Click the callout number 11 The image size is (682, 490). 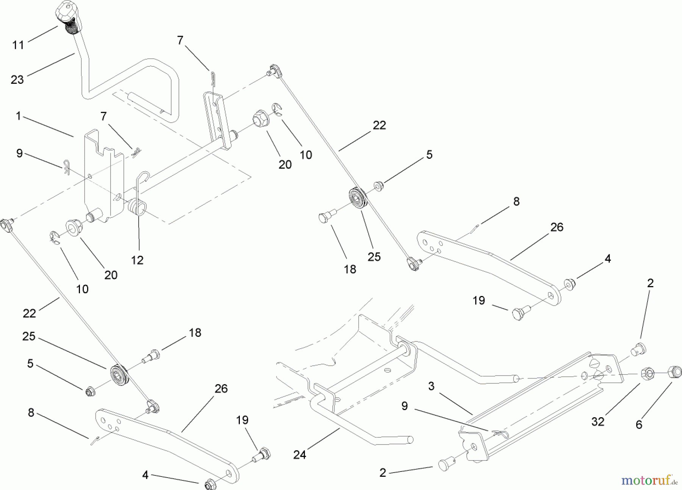pyautogui.click(x=18, y=45)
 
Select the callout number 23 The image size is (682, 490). pyautogui.click(x=17, y=80)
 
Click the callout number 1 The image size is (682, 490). pyautogui.click(x=18, y=116)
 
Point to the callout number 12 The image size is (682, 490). pyautogui.click(x=137, y=260)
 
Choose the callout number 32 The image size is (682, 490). pyautogui.click(x=598, y=421)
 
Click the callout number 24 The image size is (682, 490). pyautogui.click(x=299, y=454)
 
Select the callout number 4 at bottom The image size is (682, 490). pyautogui.click(x=145, y=475)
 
